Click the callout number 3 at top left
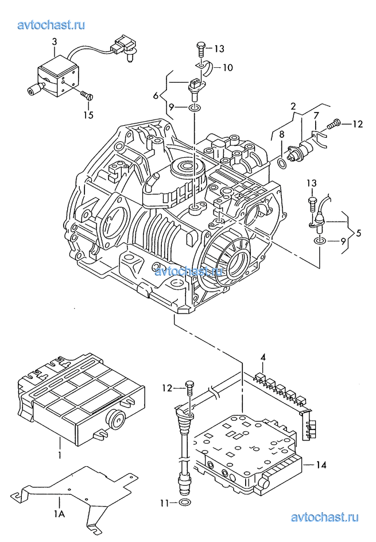55,42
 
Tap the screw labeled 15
86,95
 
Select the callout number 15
88,114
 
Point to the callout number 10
227,67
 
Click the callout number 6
156,95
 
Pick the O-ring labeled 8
282,163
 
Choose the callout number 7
316,116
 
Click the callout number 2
293,106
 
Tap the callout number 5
358,233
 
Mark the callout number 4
263,358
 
